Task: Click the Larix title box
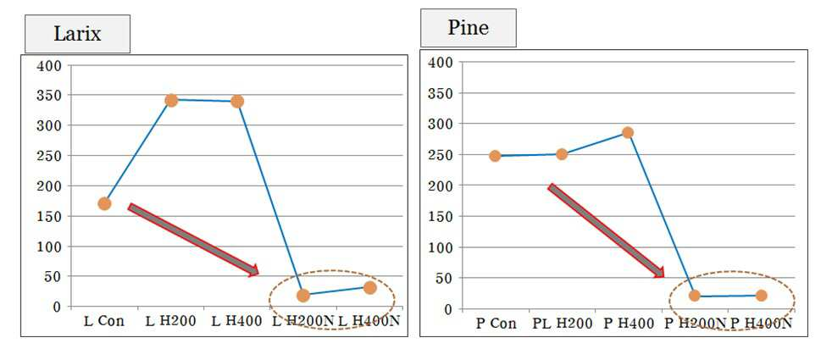click(x=77, y=34)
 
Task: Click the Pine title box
click(x=468, y=28)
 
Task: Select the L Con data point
click(x=104, y=203)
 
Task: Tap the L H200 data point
click(x=171, y=100)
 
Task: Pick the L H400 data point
click(x=237, y=101)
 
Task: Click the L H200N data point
click(x=303, y=296)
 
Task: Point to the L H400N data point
click(x=370, y=287)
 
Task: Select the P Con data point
click(x=495, y=156)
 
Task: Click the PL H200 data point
click(x=562, y=154)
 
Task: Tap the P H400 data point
click(x=628, y=132)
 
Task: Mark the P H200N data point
click(x=695, y=296)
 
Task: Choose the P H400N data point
click(x=761, y=296)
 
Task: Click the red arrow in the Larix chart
click(x=193, y=239)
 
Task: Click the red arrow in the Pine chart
click(x=606, y=230)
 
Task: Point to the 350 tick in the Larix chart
click(x=52, y=96)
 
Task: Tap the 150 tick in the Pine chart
click(x=442, y=216)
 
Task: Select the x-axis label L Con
click(x=104, y=321)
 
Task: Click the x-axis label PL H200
click(x=562, y=324)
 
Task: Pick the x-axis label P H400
click(x=629, y=324)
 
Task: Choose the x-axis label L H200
click(x=171, y=321)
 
